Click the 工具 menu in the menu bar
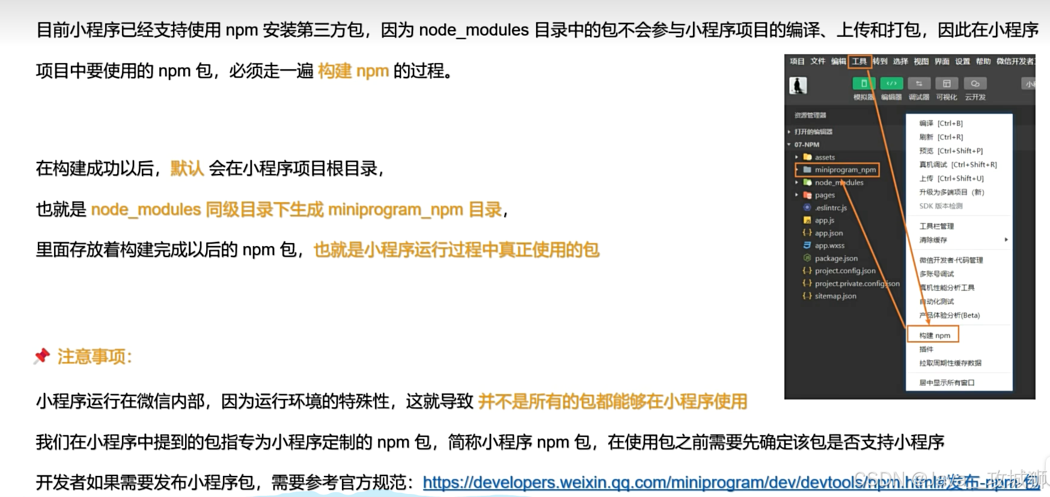859,61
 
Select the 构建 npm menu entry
934,335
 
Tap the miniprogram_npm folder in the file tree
844,170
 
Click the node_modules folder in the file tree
838,182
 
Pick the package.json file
835,258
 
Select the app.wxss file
829,245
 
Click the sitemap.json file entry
835,296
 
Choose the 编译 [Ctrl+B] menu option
941,123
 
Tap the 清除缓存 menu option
933,240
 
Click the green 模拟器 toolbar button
864,84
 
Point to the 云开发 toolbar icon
975,84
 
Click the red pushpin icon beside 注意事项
41,356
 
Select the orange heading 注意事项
94,357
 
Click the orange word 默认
187,168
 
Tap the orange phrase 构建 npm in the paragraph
353,71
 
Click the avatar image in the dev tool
798,85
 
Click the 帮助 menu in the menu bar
983,61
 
